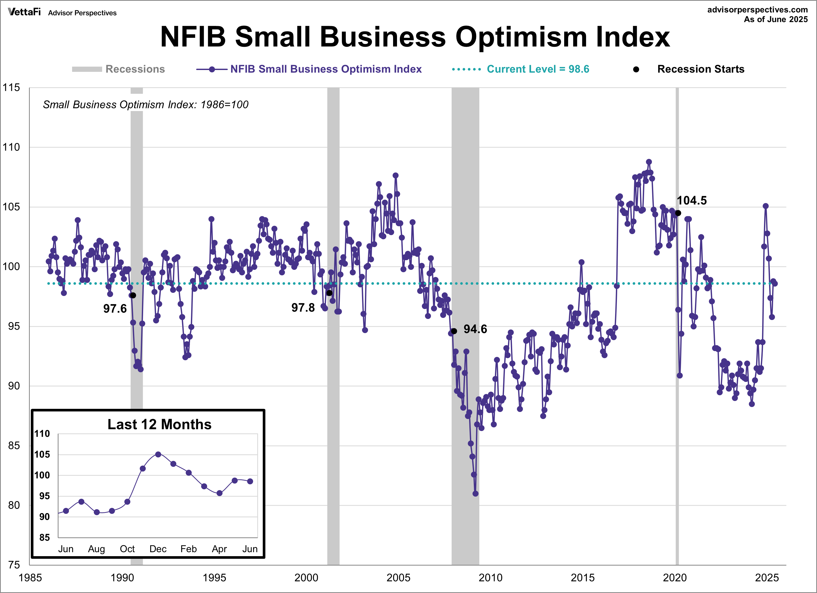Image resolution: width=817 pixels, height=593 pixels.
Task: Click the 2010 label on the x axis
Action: click(x=490, y=578)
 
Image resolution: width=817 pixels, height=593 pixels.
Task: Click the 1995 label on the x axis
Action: click(x=214, y=578)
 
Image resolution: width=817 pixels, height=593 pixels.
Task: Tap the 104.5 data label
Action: click(x=691, y=201)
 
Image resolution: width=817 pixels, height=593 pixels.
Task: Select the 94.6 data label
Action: click(x=475, y=329)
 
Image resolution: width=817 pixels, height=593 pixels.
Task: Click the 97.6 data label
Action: click(x=115, y=309)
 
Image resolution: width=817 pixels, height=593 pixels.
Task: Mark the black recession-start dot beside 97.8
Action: click(x=329, y=293)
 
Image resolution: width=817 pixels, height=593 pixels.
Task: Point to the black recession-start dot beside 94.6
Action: click(x=454, y=331)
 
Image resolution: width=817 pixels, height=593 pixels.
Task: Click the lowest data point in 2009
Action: click(x=476, y=493)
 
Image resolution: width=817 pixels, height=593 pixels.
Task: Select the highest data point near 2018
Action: click(x=649, y=162)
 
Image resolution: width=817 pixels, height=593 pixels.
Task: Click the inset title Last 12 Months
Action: click(x=159, y=425)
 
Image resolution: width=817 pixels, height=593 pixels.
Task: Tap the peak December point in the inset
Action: click(x=158, y=454)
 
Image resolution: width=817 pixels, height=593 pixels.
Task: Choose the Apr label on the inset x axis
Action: click(x=219, y=549)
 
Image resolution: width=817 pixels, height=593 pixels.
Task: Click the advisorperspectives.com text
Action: click(x=757, y=10)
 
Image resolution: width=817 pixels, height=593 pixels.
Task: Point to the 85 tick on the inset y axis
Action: click(x=44, y=538)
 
